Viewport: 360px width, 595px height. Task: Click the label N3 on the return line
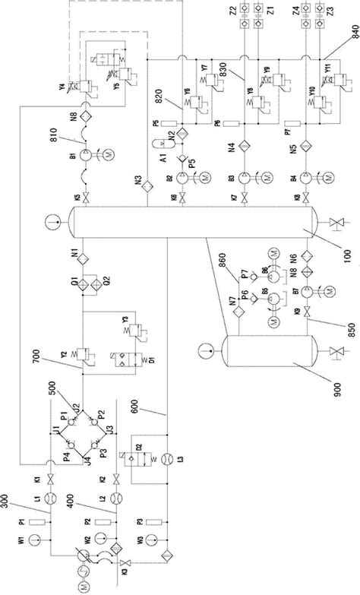tap(139, 180)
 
